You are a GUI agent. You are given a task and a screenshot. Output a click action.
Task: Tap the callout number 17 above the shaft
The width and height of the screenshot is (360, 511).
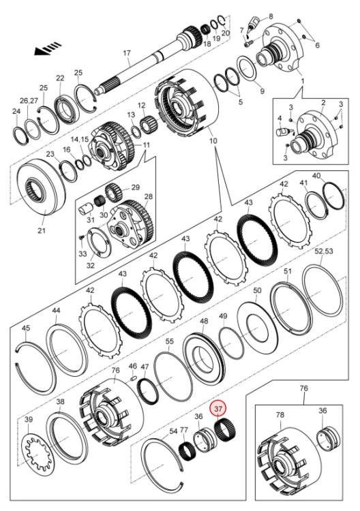click(x=127, y=52)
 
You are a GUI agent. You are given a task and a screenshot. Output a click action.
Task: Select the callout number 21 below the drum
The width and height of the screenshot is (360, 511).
click(x=42, y=230)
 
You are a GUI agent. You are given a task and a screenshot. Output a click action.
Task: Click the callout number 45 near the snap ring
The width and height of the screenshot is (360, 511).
click(x=26, y=328)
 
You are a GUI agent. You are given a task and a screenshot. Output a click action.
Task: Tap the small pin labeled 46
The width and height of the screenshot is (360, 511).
click(x=133, y=377)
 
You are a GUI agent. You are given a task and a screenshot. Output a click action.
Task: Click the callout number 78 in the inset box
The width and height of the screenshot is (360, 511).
click(x=280, y=415)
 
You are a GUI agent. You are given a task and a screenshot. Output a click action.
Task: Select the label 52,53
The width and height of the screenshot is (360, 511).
click(x=323, y=251)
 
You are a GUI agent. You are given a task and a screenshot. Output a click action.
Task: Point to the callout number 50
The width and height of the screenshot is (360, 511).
click(x=257, y=290)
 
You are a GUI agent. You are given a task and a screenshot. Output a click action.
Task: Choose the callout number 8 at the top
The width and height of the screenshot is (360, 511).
click(x=271, y=16)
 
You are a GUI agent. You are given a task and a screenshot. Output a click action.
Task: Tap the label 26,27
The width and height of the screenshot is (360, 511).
click(x=29, y=101)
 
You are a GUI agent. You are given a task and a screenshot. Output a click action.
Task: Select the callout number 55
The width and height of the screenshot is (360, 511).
click(x=170, y=341)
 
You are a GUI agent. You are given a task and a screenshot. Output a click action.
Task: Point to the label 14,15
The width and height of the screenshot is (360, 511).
click(x=80, y=139)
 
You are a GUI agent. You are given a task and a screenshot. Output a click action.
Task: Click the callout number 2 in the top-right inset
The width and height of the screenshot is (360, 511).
click(x=323, y=103)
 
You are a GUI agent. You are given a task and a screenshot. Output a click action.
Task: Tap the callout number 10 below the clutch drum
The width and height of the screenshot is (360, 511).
click(x=213, y=141)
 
